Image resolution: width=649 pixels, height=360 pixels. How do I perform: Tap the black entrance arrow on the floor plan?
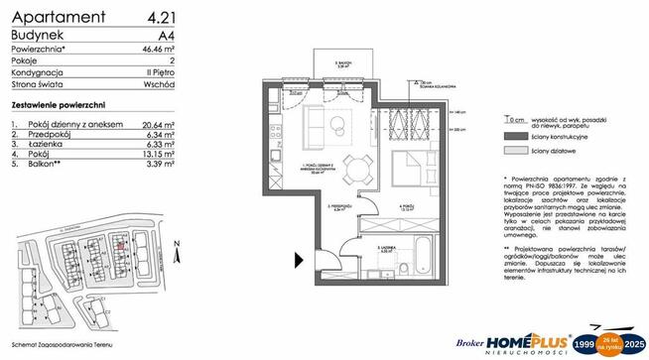298,261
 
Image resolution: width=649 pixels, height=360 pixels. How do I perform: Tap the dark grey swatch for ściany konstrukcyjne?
512,133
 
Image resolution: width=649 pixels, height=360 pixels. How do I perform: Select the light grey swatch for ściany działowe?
512,151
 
